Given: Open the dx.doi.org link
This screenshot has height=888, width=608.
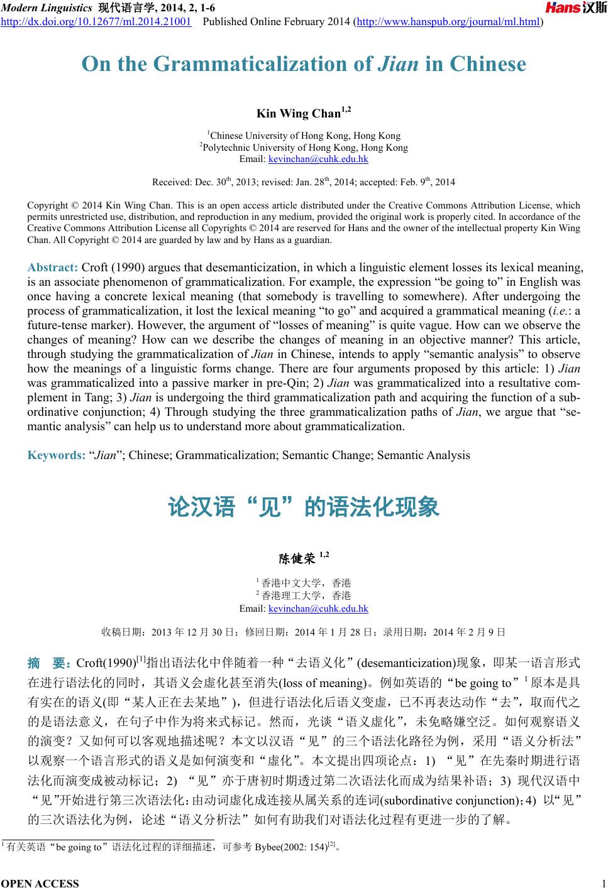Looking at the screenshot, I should [96, 23].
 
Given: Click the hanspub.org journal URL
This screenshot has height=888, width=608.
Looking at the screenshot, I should [448, 23].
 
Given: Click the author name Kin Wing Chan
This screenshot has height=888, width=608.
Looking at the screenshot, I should [299, 114].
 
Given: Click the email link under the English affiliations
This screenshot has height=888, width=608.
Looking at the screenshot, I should [318, 159].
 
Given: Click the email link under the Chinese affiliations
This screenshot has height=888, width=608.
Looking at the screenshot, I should [318, 609].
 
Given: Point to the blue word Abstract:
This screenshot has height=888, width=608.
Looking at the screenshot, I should [53, 268].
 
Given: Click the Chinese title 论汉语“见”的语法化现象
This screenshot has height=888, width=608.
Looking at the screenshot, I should [304, 507].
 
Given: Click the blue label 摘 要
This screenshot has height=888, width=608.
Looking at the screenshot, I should [50, 663].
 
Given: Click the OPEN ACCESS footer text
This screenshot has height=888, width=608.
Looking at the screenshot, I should [40, 883].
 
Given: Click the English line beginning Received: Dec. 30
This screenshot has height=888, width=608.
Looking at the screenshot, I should [304, 183].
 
